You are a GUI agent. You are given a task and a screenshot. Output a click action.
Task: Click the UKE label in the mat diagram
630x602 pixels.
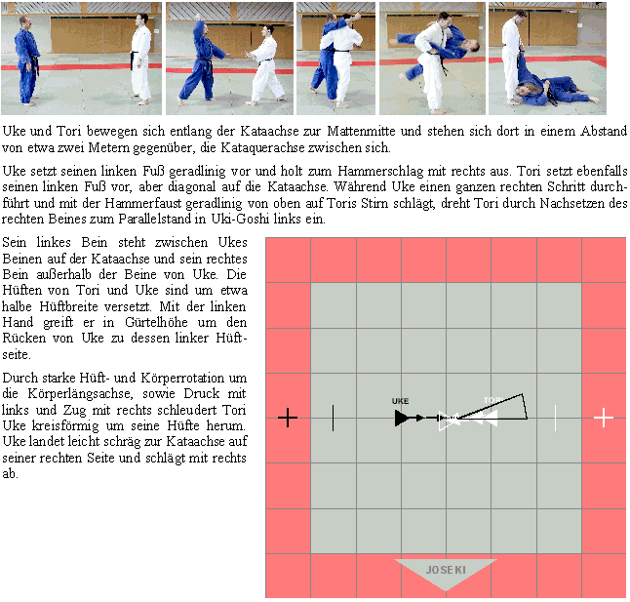[400, 401]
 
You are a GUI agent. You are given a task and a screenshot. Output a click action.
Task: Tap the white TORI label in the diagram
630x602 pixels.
[493, 400]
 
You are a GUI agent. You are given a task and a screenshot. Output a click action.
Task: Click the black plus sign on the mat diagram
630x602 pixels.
[288, 418]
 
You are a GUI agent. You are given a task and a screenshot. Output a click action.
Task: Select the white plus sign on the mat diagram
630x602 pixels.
[604, 418]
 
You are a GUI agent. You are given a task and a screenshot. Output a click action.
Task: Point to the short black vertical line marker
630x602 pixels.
[334, 418]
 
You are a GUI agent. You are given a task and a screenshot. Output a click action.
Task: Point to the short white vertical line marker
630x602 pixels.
[555, 418]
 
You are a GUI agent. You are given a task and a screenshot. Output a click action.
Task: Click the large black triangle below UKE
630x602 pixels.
[402, 418]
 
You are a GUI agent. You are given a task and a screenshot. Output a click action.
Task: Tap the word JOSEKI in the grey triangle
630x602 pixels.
[446, 570]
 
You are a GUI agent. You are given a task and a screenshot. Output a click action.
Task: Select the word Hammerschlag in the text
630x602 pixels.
[380, 171]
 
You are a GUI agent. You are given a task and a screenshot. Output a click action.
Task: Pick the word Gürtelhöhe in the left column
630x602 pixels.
[156, 322]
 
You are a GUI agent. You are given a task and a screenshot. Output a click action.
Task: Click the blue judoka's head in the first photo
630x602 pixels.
[25, 22]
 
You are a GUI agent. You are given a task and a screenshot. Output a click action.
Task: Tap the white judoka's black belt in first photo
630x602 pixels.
[134, 58]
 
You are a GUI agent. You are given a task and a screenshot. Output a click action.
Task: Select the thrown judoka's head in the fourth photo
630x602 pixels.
[472, 45]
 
